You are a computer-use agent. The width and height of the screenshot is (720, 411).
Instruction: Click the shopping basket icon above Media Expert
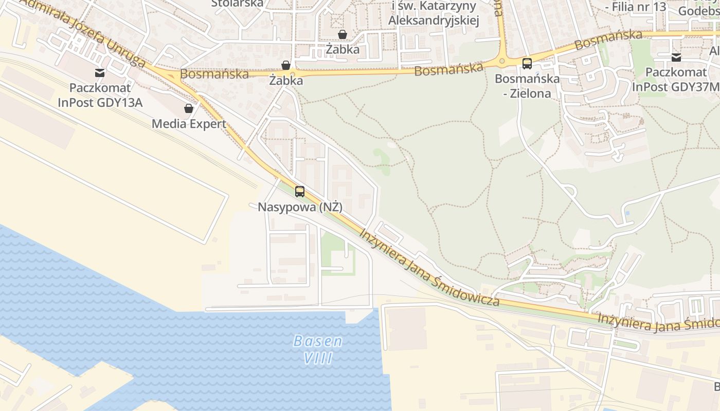(x=189, y=108)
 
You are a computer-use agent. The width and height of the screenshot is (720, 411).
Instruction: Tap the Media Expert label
(x=189, y=124)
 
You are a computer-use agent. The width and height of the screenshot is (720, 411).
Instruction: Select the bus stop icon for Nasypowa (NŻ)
(x=300, y=192)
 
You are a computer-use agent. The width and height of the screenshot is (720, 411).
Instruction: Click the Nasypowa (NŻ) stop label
(x=300, y=207)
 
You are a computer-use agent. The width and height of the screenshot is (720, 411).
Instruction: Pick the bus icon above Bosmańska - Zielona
(x=527, y=64)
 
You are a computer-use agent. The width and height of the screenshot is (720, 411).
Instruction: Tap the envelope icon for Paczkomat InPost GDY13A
(x=100, y=73)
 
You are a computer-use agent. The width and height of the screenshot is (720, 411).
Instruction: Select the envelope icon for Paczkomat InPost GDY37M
(x=676, y=58)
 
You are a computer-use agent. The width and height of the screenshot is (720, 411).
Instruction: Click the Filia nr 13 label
(x=636, y=7)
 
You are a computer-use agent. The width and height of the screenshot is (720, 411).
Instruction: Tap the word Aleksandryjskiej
(x=434, y=21)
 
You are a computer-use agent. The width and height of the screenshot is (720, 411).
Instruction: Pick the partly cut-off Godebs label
(x=698, y=10)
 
